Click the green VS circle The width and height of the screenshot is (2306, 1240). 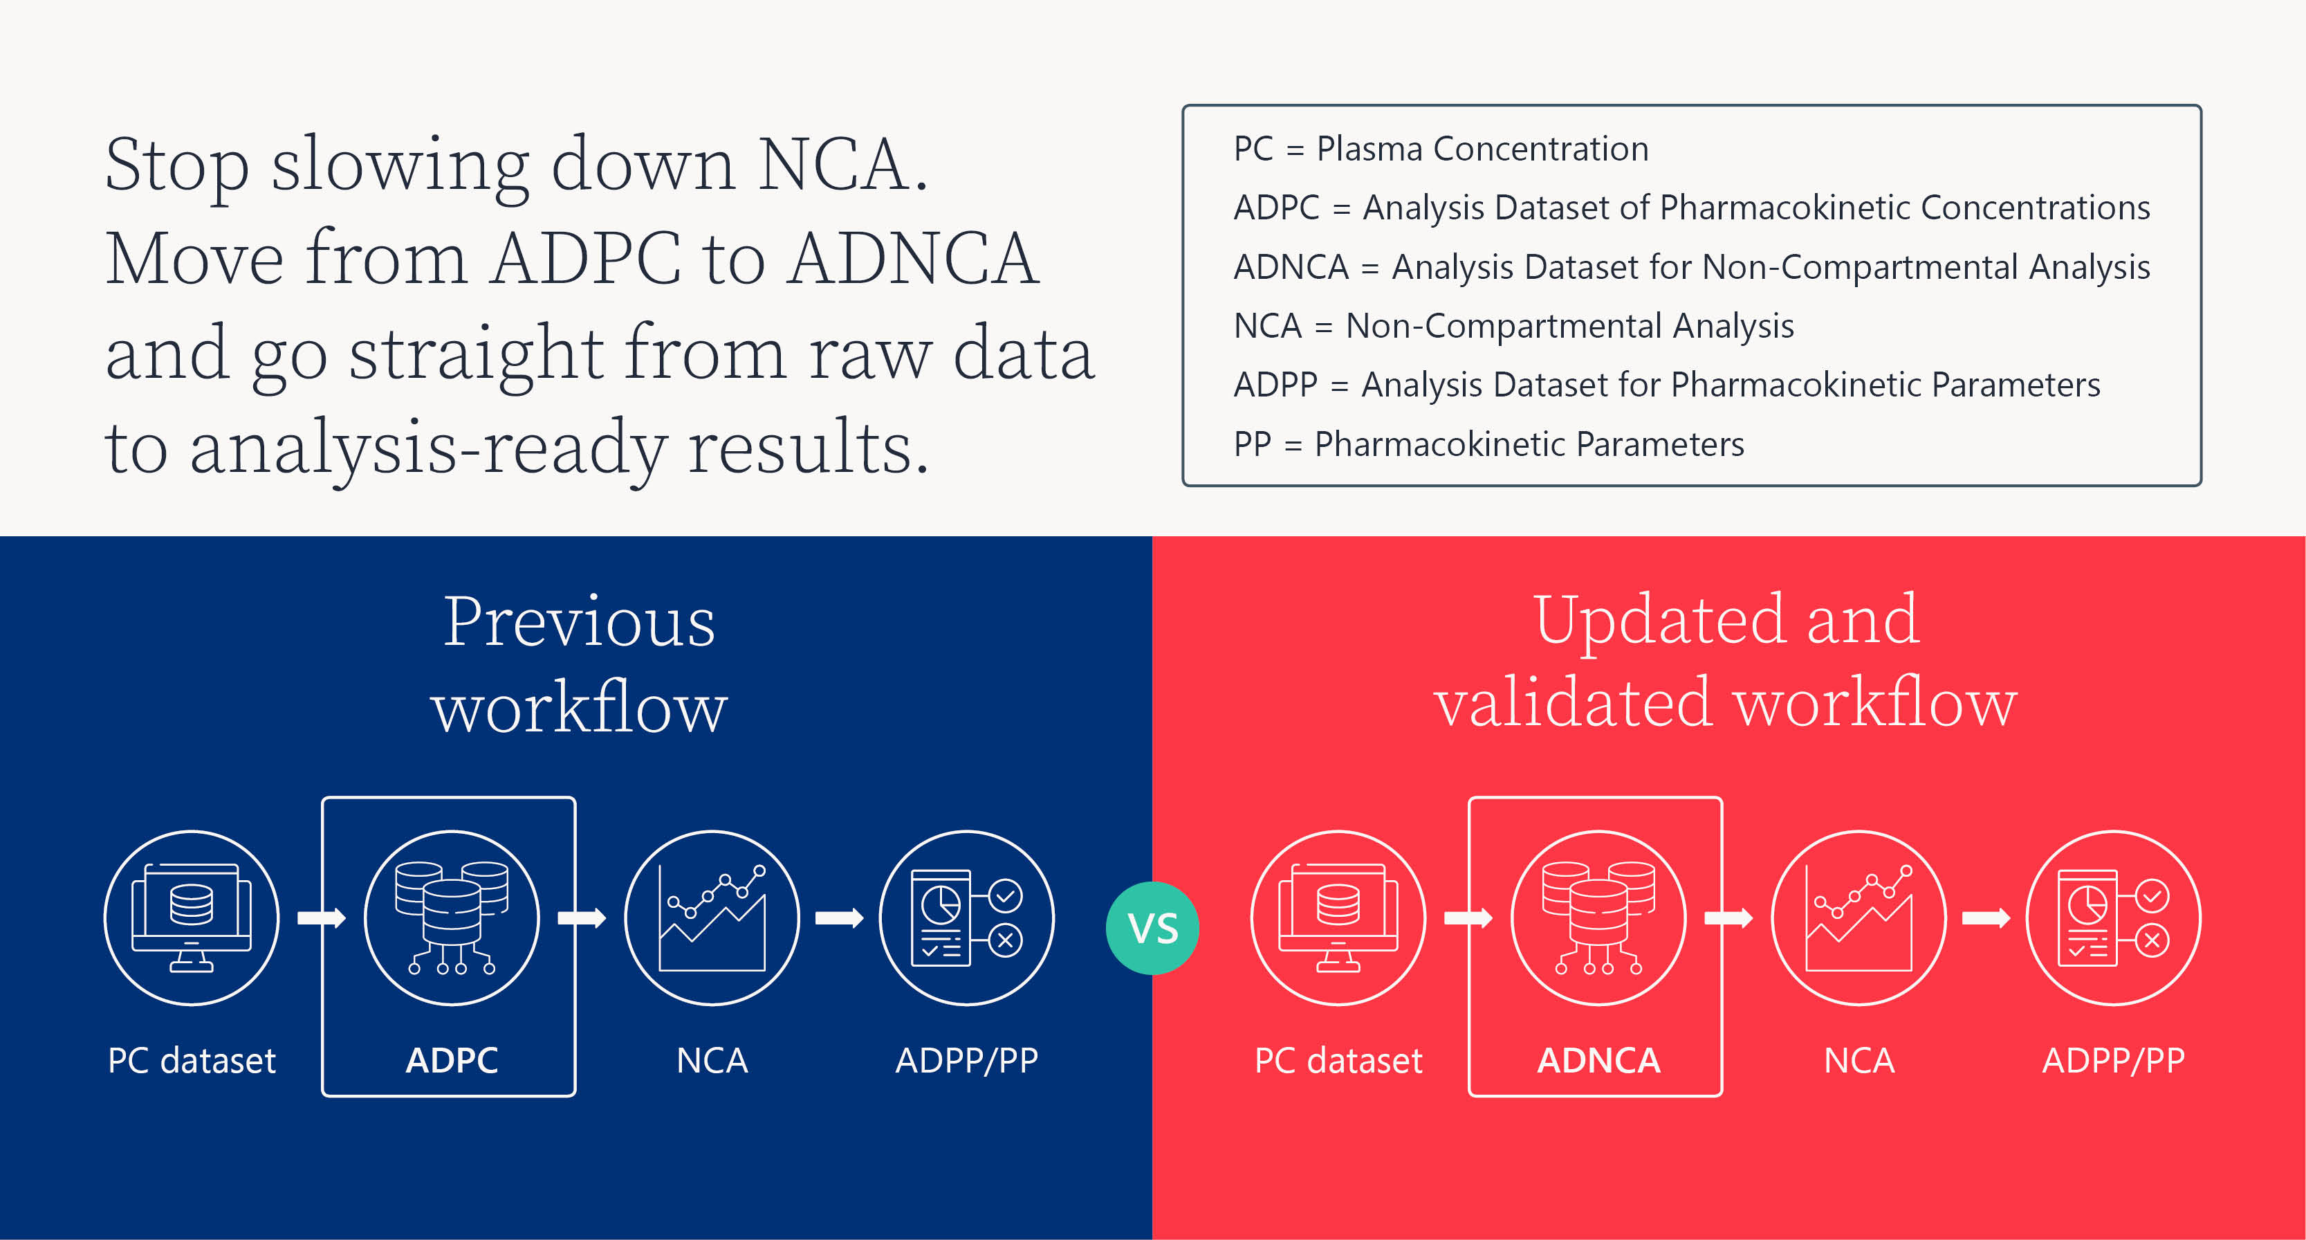coord(1152,927)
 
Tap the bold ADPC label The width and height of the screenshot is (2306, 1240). coord(451,1060)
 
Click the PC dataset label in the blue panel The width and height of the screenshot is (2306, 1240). coord(192,1060)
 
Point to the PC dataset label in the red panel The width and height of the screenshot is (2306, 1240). coord(1338,1060)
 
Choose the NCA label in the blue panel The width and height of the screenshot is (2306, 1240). coord(712,1060)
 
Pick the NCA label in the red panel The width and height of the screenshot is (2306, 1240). coord(1859,1060)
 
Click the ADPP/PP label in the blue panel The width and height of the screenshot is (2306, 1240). coord(967,1060)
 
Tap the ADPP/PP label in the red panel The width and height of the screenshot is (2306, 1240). coord(2114,1060)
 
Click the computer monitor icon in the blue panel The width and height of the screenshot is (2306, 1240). coord(192,918)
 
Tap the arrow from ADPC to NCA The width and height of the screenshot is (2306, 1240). coord(582,918)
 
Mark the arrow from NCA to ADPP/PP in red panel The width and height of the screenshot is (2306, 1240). coord(1986,918)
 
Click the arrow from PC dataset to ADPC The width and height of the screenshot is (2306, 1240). coord(322,918)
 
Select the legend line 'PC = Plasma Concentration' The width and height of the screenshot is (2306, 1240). coord(1440,149)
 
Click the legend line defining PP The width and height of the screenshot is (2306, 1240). coord(1488,444)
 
